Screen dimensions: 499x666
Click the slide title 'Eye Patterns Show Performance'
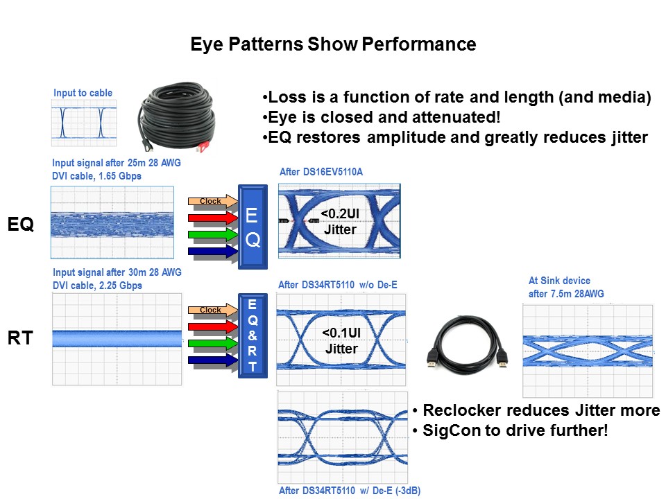point(333,45)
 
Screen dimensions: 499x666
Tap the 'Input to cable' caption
point(83,93)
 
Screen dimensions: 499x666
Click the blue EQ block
point(253,227)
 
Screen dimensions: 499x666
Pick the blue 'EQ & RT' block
point(252,335)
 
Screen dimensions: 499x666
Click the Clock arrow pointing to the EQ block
point(212,202)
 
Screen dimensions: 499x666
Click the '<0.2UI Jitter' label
point(340,222)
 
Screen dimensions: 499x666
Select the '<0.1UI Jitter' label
point(340,341)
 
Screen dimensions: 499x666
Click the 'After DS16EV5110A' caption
point(321,171)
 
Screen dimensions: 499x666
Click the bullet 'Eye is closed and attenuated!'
point(380,117)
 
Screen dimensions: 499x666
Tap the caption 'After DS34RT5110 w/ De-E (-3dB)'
point(349,491)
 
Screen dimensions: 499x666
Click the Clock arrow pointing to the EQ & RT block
point(212,310)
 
